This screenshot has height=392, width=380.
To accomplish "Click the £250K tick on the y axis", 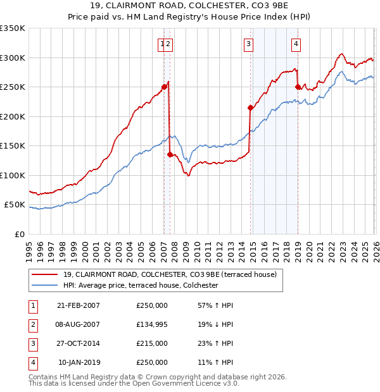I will (13, 87).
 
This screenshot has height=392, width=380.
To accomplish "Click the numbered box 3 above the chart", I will (249, 44).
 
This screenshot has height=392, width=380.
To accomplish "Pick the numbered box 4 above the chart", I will (296, 44).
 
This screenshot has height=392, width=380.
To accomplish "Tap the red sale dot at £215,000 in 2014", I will (251, 108).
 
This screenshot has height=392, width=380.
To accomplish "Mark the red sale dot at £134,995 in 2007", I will (170, 154).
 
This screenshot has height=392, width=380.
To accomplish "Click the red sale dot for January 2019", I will (298, 87).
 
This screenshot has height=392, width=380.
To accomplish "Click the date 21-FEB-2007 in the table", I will (79, 305).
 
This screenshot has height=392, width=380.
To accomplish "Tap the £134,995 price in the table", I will (152, 324).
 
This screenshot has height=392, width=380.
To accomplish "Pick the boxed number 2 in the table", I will (32, 324).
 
